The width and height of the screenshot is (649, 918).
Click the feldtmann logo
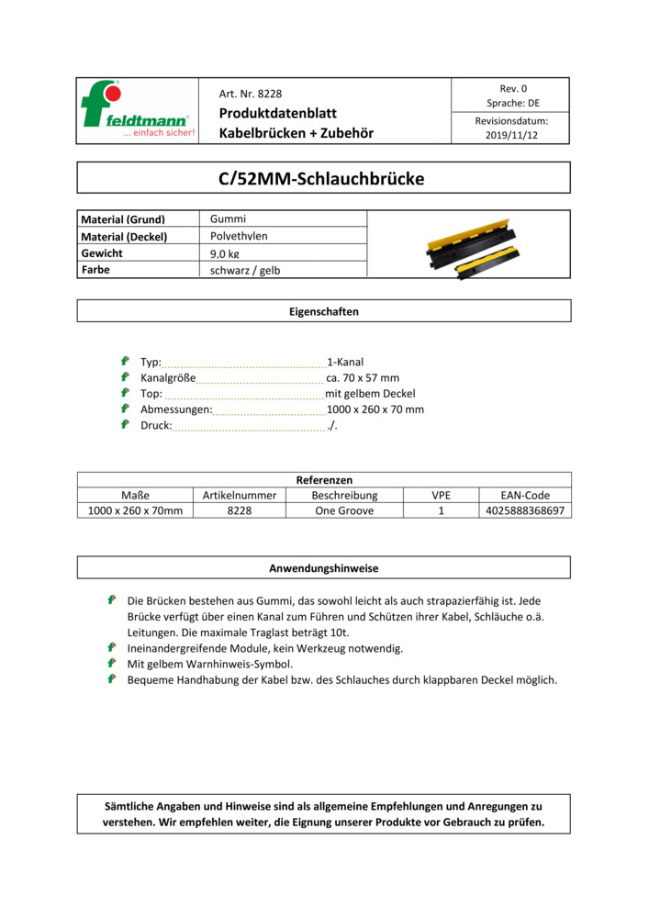pos(138,110)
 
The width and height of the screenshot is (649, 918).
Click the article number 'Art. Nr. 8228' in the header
pos(251,94)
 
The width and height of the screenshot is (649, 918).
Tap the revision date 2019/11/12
pos(511,135)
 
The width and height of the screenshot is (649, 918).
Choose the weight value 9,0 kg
pos(225,253)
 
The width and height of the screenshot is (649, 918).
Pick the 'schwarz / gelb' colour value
pos(245,270)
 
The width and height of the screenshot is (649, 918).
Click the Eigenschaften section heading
pos(323,311)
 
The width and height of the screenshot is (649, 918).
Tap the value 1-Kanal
pos(345,362)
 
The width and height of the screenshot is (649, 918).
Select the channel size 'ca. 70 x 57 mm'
pos(363,377)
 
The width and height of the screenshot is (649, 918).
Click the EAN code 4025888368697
pos(525,510)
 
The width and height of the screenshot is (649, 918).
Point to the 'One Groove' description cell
pos(344,510)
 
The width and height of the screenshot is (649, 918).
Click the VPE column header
pos(441,495)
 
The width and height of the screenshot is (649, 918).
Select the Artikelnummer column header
pos(240,495)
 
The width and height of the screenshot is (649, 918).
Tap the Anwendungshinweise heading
pos(323,568)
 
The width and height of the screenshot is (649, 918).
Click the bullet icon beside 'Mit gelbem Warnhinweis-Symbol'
pos(111,663)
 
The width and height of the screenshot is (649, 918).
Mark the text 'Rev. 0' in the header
pos(512,88)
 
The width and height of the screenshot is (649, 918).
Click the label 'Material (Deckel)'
pos(125,236)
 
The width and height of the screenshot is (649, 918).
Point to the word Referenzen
pos(323,479)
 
